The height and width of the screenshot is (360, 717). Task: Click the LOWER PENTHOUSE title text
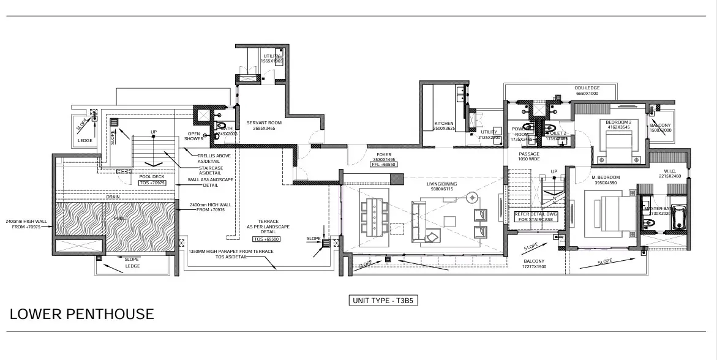point(81,315)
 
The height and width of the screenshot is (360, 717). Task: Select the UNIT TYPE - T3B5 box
point(383,301)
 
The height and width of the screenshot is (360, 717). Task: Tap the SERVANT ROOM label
point(264,126)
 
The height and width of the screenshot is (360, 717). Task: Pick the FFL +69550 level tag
point(383,165)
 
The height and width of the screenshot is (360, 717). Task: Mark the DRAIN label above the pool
point(113,197)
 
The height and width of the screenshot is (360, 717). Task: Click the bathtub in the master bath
point(678,218)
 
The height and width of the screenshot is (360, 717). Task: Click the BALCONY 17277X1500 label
point(533,264)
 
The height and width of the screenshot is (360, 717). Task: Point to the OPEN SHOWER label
point(194,136)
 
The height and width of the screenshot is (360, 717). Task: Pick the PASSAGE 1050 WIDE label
point(530,156)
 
